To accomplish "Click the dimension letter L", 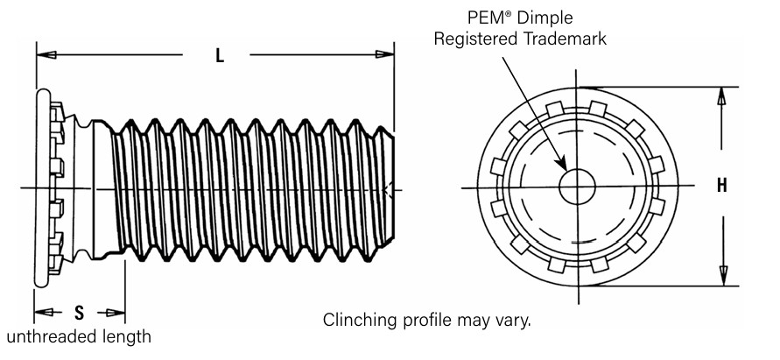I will click(x=220, y=55).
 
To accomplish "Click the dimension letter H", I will click(x=722, y=186).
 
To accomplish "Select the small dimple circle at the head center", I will click(x=579, y=187).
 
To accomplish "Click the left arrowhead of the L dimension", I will click(x=45, y=55).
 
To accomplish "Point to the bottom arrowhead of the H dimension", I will click(x=722, y=279).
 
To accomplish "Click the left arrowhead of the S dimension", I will click(x=41, y=313).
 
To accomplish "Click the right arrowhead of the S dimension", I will click(x=116, y=313).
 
